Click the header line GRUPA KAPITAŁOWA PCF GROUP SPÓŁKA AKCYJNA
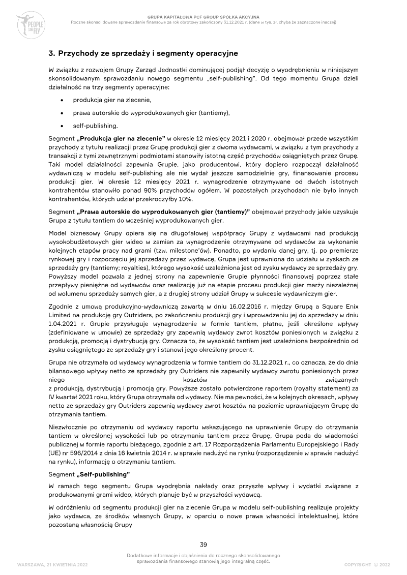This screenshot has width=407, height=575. [203, 17]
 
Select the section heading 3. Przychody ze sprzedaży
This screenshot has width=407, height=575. [143, 53]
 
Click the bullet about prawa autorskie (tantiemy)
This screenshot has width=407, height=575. [151, 113]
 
